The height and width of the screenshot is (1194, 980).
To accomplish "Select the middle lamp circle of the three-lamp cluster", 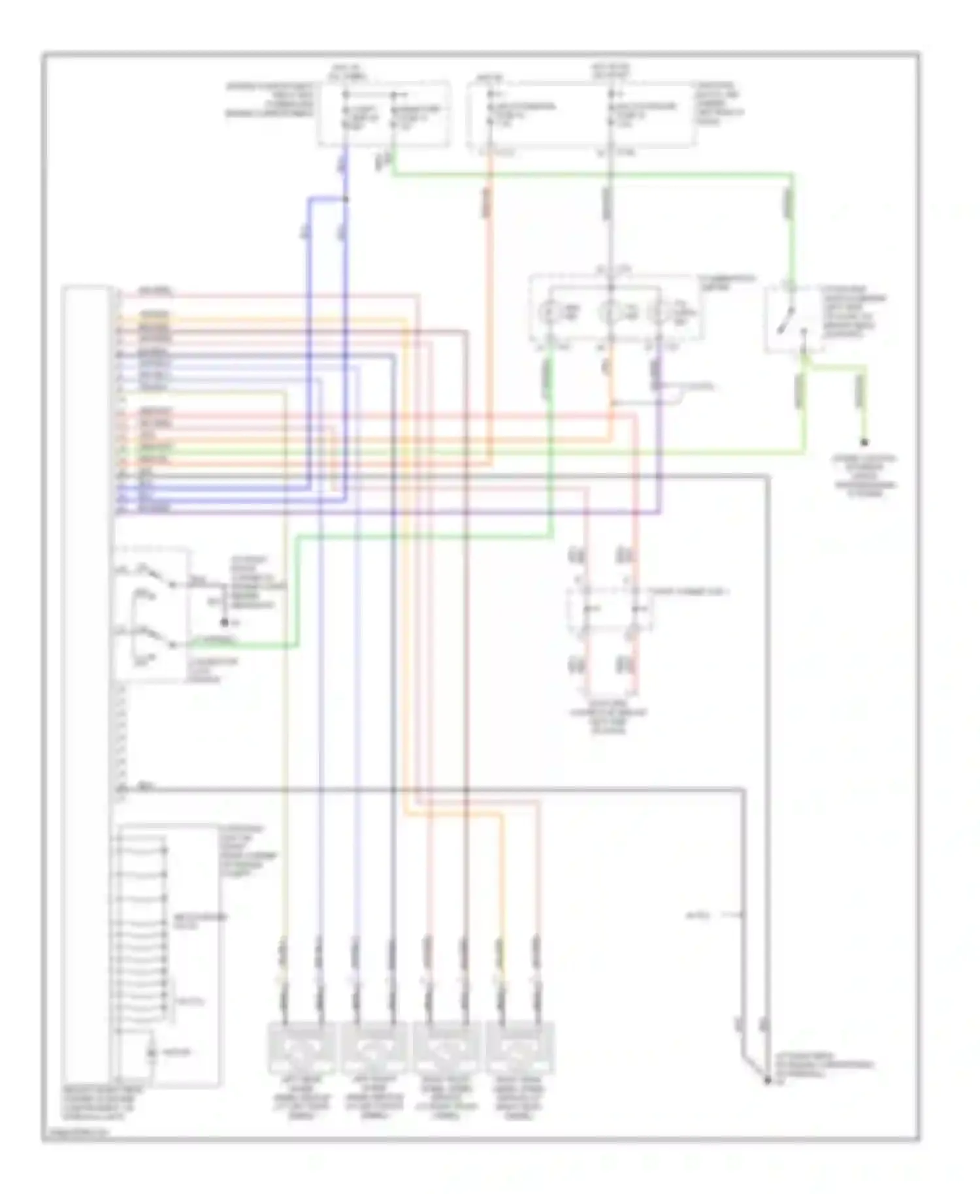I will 611,313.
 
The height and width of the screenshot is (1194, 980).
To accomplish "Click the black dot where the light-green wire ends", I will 864,443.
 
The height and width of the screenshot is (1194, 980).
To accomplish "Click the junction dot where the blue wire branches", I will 346,199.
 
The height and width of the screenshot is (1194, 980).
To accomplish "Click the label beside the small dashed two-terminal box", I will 689,592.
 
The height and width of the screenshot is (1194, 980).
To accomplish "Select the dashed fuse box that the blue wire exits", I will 384,114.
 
